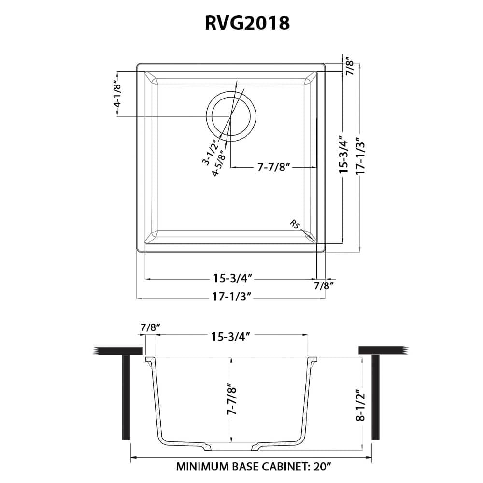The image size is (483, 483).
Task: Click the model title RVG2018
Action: (241, 23)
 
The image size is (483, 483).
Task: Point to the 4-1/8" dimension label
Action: (116, 97)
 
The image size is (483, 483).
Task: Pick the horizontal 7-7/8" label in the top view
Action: (273, 167)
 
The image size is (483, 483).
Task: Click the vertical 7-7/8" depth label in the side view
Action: (232, 400)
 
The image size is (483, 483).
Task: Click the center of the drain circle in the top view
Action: (230, 116)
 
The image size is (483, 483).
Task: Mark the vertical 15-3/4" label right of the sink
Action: (343, 155)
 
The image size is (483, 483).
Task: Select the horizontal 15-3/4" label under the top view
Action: (231, 278)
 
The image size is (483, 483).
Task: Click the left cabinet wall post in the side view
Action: (127, 397)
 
